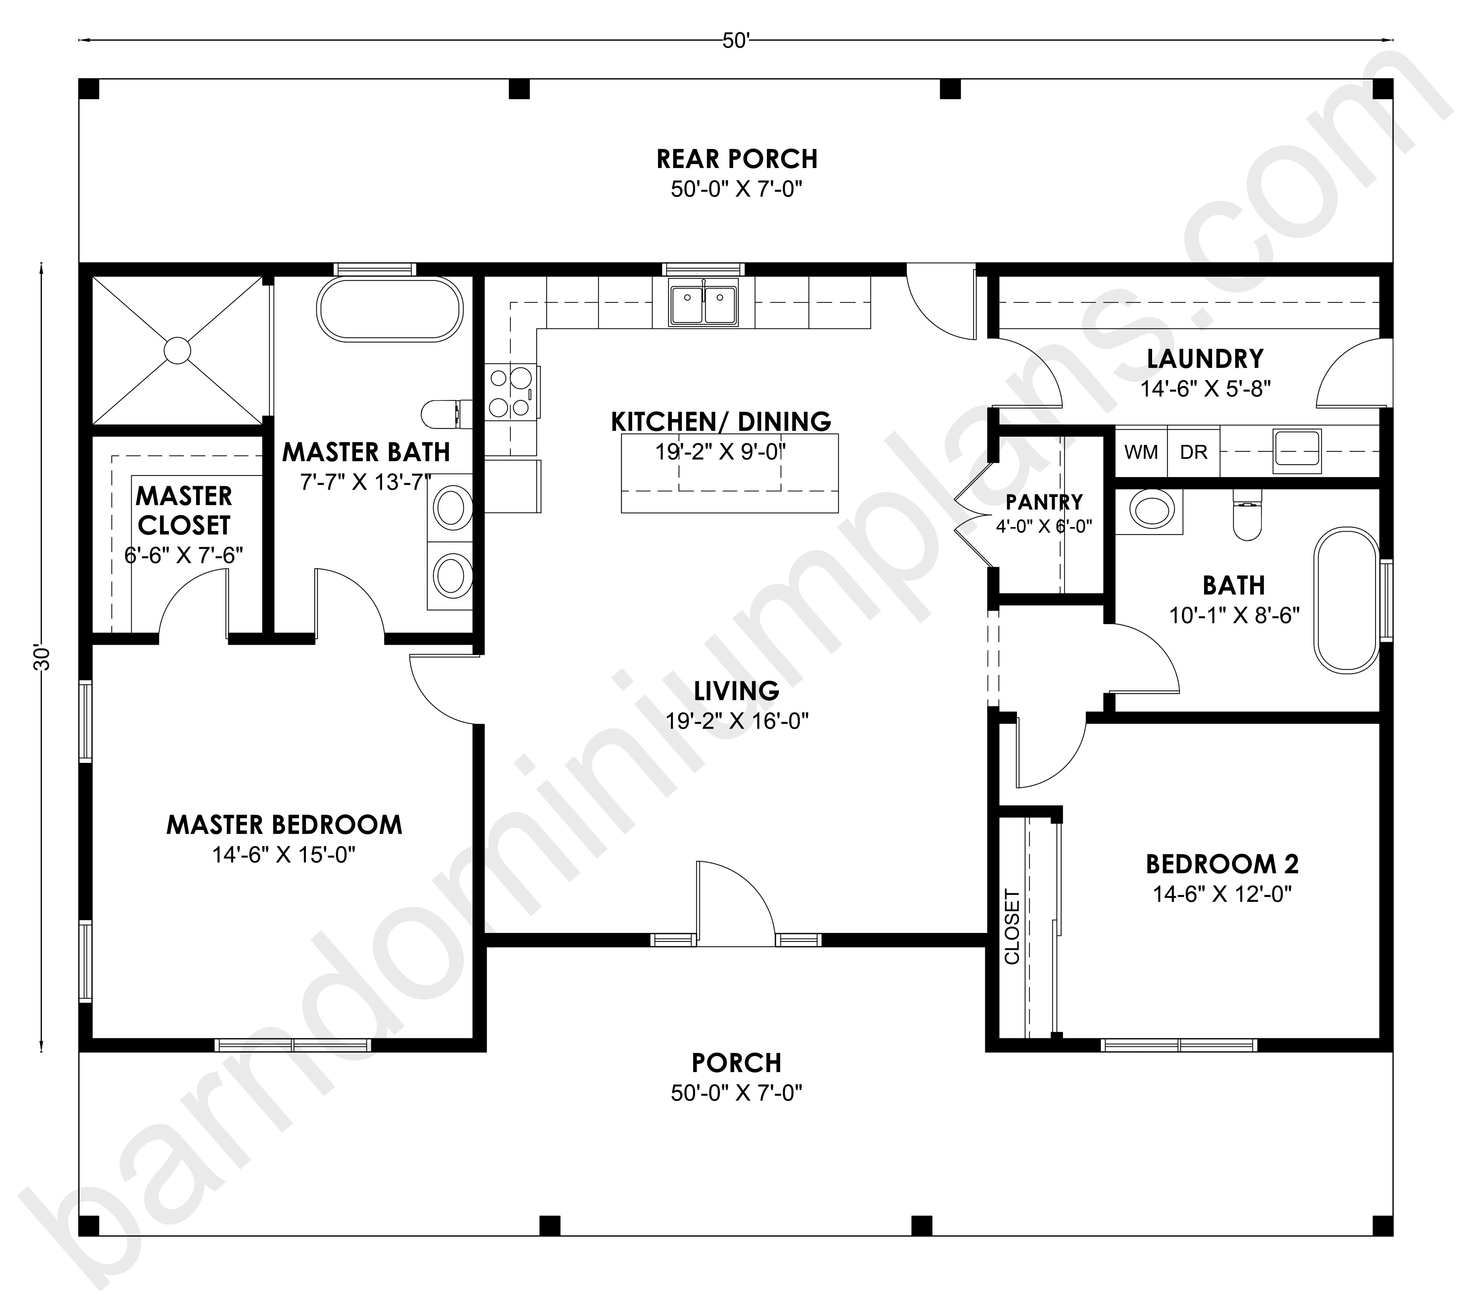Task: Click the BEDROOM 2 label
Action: point(1222,864)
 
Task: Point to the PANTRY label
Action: point(1044,501)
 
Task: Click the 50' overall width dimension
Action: point(736,41)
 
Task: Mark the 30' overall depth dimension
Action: point(42,657)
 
